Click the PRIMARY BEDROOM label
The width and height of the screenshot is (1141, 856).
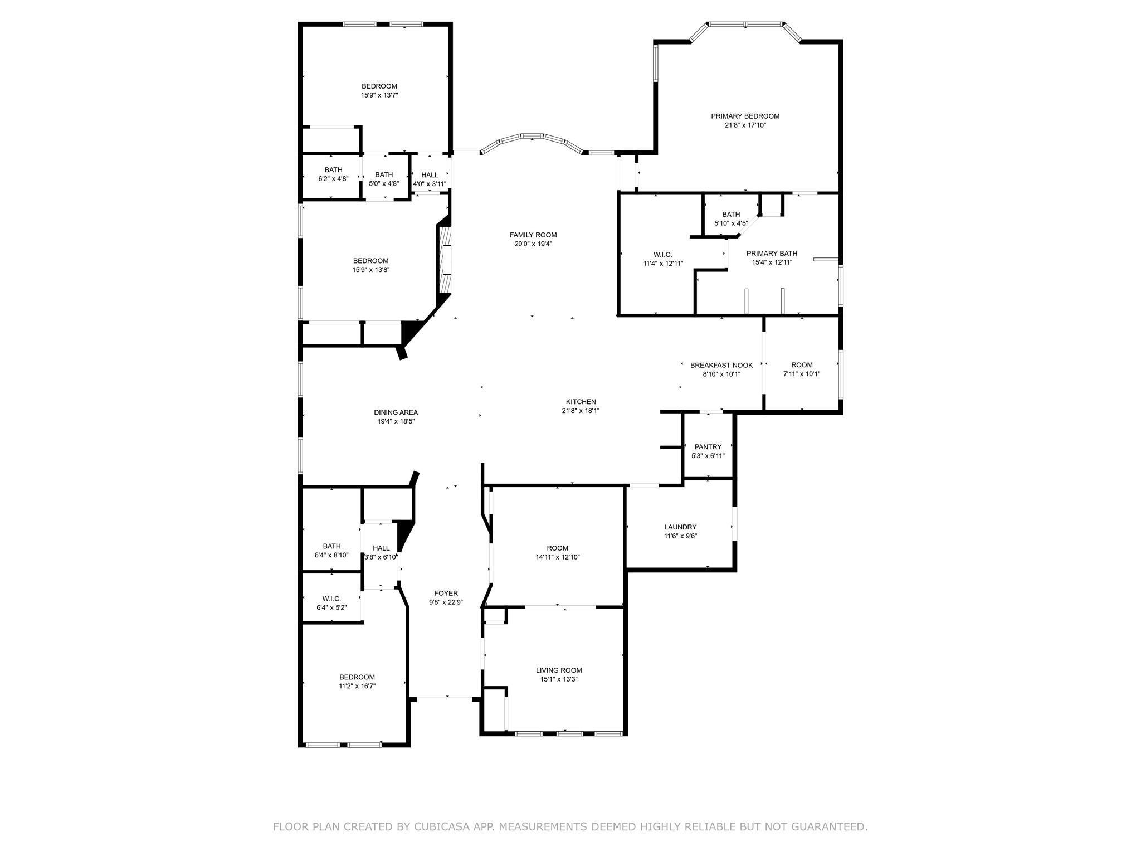(745, 116)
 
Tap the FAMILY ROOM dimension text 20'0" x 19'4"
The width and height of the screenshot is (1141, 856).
(533, 244)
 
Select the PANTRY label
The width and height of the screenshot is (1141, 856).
(708, 446)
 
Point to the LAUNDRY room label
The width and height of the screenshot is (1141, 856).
(680, 527)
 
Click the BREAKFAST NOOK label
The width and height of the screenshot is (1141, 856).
(721, 365)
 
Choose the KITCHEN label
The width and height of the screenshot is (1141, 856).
(581, 401)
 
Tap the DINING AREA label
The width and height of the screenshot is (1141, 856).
(396, 412)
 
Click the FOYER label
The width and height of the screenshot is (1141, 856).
(446, 593)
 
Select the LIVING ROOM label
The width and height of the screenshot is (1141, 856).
(559, 670)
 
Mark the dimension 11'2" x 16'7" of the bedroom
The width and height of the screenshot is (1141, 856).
(357, 686)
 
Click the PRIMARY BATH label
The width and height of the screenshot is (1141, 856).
(772, 253)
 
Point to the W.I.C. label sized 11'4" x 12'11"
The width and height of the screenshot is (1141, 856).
(662, 254)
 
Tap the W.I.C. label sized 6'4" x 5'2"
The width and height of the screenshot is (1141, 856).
(331, 599)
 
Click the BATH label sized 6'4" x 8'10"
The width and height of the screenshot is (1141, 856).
(331, 546)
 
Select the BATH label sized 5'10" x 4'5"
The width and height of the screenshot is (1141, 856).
(730, 214)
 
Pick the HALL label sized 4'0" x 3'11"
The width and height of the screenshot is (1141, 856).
(430, 174)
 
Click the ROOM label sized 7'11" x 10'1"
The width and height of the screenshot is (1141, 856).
(802, 365)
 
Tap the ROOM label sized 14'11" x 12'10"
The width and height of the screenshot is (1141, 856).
(557, 548)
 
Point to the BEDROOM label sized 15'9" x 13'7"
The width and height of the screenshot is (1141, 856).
(379, 86)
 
